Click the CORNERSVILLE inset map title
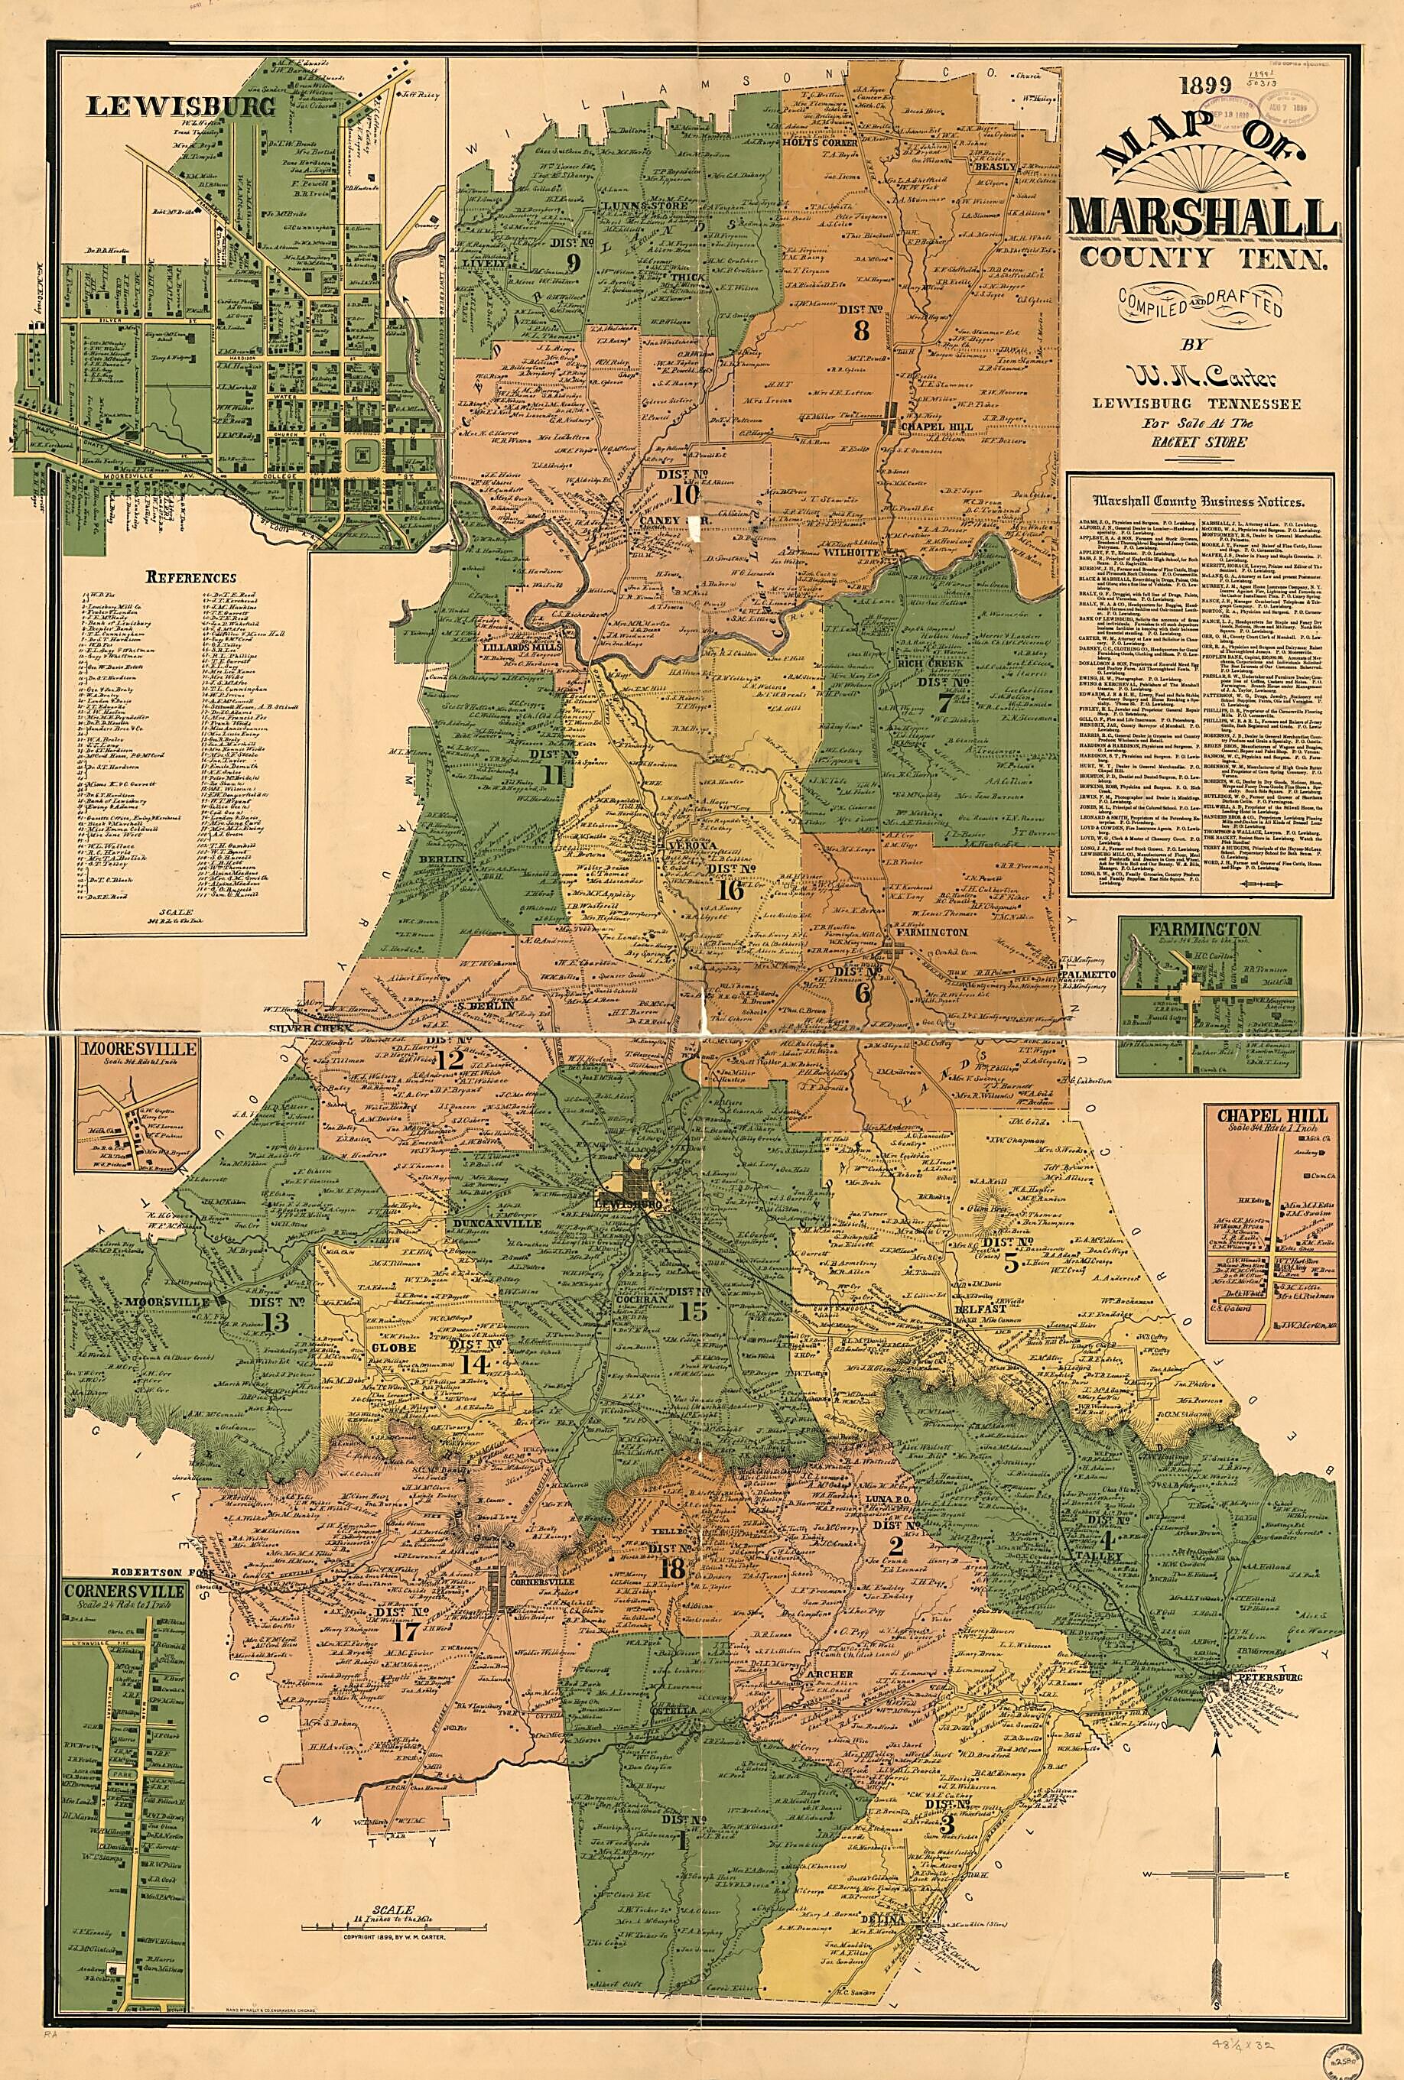[x=124, y=1591]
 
